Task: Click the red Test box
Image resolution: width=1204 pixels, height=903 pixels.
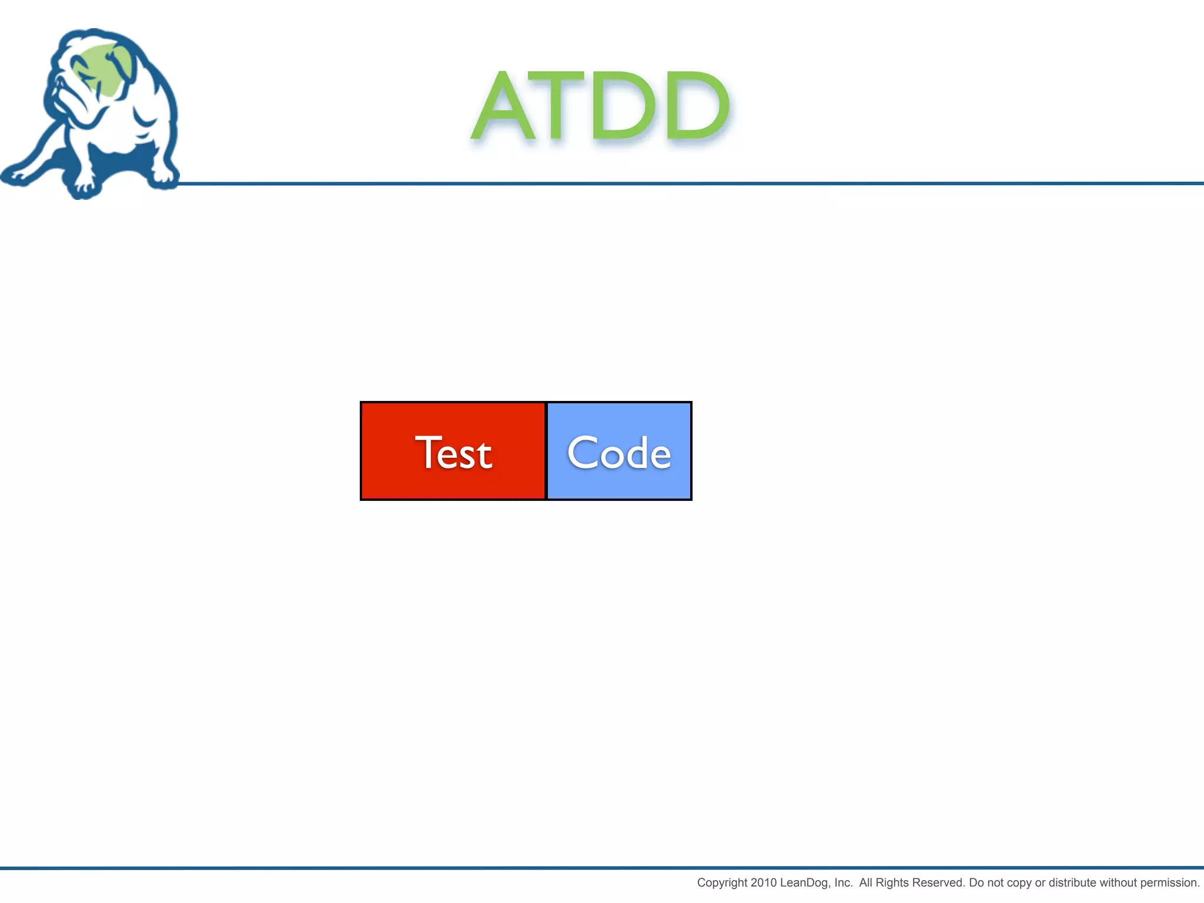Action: [x=453, y=451]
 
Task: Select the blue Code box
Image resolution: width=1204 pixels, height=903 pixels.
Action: [x=619, y=451]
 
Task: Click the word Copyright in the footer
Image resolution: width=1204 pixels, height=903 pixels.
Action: [x=722, y=882]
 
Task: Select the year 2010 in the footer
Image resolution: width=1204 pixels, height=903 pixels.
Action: [x=764, y=882]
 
